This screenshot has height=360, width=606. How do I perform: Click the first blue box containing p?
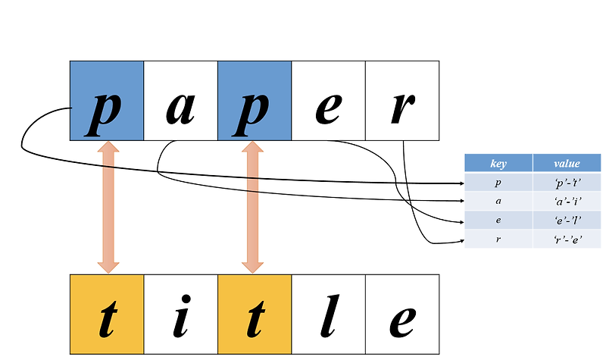tap(107, 101)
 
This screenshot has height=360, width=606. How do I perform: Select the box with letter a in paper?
tap(180, 101)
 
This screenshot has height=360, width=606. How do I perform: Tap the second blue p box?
tap(255, 101)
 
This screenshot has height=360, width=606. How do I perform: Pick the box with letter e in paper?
tap(328, 101)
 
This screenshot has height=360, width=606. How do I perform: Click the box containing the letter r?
tap(402, 101)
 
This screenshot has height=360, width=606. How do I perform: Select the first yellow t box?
tap(107, 314)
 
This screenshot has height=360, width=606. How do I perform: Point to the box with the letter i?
tap(180, 314)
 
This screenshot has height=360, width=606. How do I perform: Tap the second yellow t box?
tap(255, 314)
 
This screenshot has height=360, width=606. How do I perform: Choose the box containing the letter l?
tap(328, 314)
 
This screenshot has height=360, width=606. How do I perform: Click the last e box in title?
tap(402, 314)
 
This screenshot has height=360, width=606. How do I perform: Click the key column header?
tap(498, 164)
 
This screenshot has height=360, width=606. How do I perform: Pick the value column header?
tap(567, 164)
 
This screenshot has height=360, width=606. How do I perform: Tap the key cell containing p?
tap(498, 183)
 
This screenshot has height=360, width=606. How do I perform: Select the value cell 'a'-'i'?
tap(567, 202)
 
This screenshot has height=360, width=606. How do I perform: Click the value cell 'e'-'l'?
tap(567, 221)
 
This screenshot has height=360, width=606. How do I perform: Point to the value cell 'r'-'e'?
tap(567, 239)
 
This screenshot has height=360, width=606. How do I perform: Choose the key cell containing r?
tap(498, 239)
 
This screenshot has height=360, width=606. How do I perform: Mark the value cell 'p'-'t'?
tap(567, 183)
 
